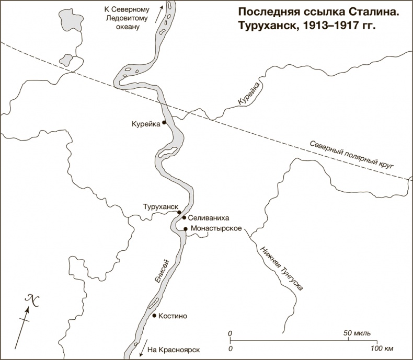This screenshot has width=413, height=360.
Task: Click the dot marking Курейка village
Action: tap(164, 123)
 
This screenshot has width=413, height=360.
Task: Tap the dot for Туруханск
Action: tap(179, 213)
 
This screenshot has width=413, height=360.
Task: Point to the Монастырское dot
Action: tap(186, 229)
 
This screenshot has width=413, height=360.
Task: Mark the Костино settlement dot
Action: tap(154, 316)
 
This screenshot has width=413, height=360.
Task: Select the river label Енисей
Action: tap(162, 272)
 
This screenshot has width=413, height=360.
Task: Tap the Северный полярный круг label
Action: tap(350, 155)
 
